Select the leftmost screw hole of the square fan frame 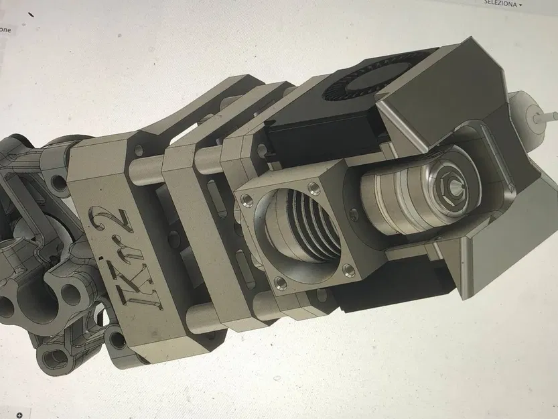[x=246, y=198]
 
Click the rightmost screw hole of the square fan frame [x=348, y=270]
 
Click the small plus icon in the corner [x=19, y=414]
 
